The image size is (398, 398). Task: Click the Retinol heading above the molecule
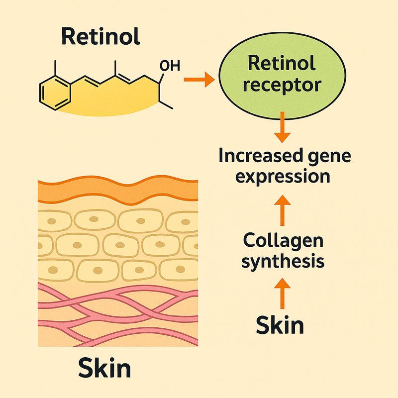tap(101, 37)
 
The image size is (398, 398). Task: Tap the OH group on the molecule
tap(168, 65)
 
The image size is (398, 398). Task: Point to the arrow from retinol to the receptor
tap(199, 79)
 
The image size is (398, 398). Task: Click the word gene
tap(329, 156)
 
